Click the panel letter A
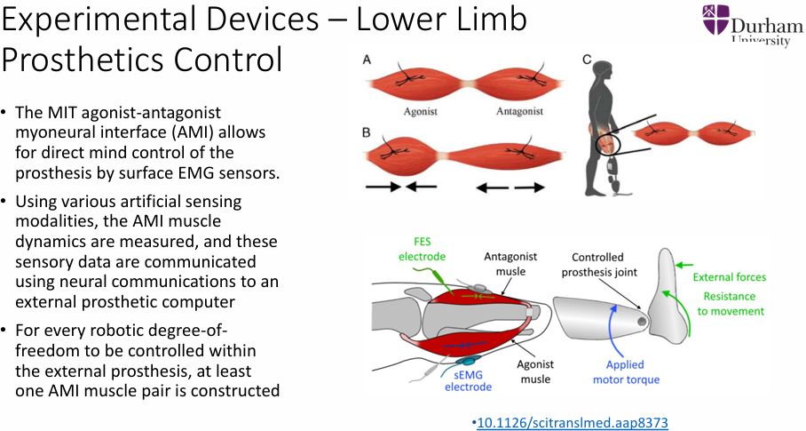tap(367, 60)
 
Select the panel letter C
tap(587, 60)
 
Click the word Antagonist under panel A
tap(520, 112)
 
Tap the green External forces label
tap(729, 277)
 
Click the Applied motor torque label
tap(625, 372)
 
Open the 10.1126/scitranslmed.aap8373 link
tap(573, 422)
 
